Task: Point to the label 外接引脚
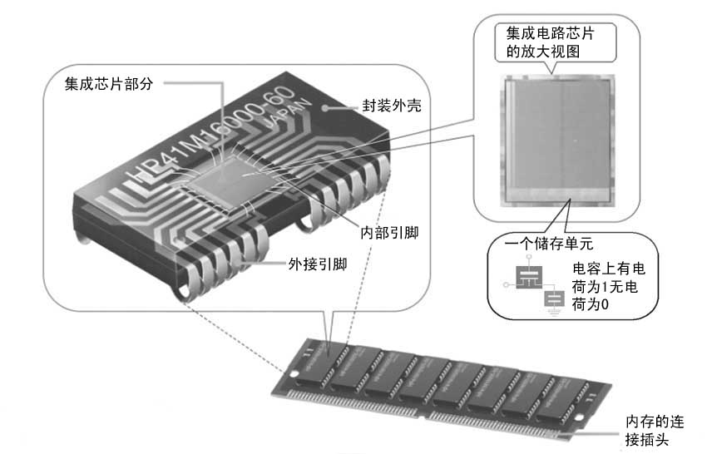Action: point(318,265)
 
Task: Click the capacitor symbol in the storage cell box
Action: point(526,279)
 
